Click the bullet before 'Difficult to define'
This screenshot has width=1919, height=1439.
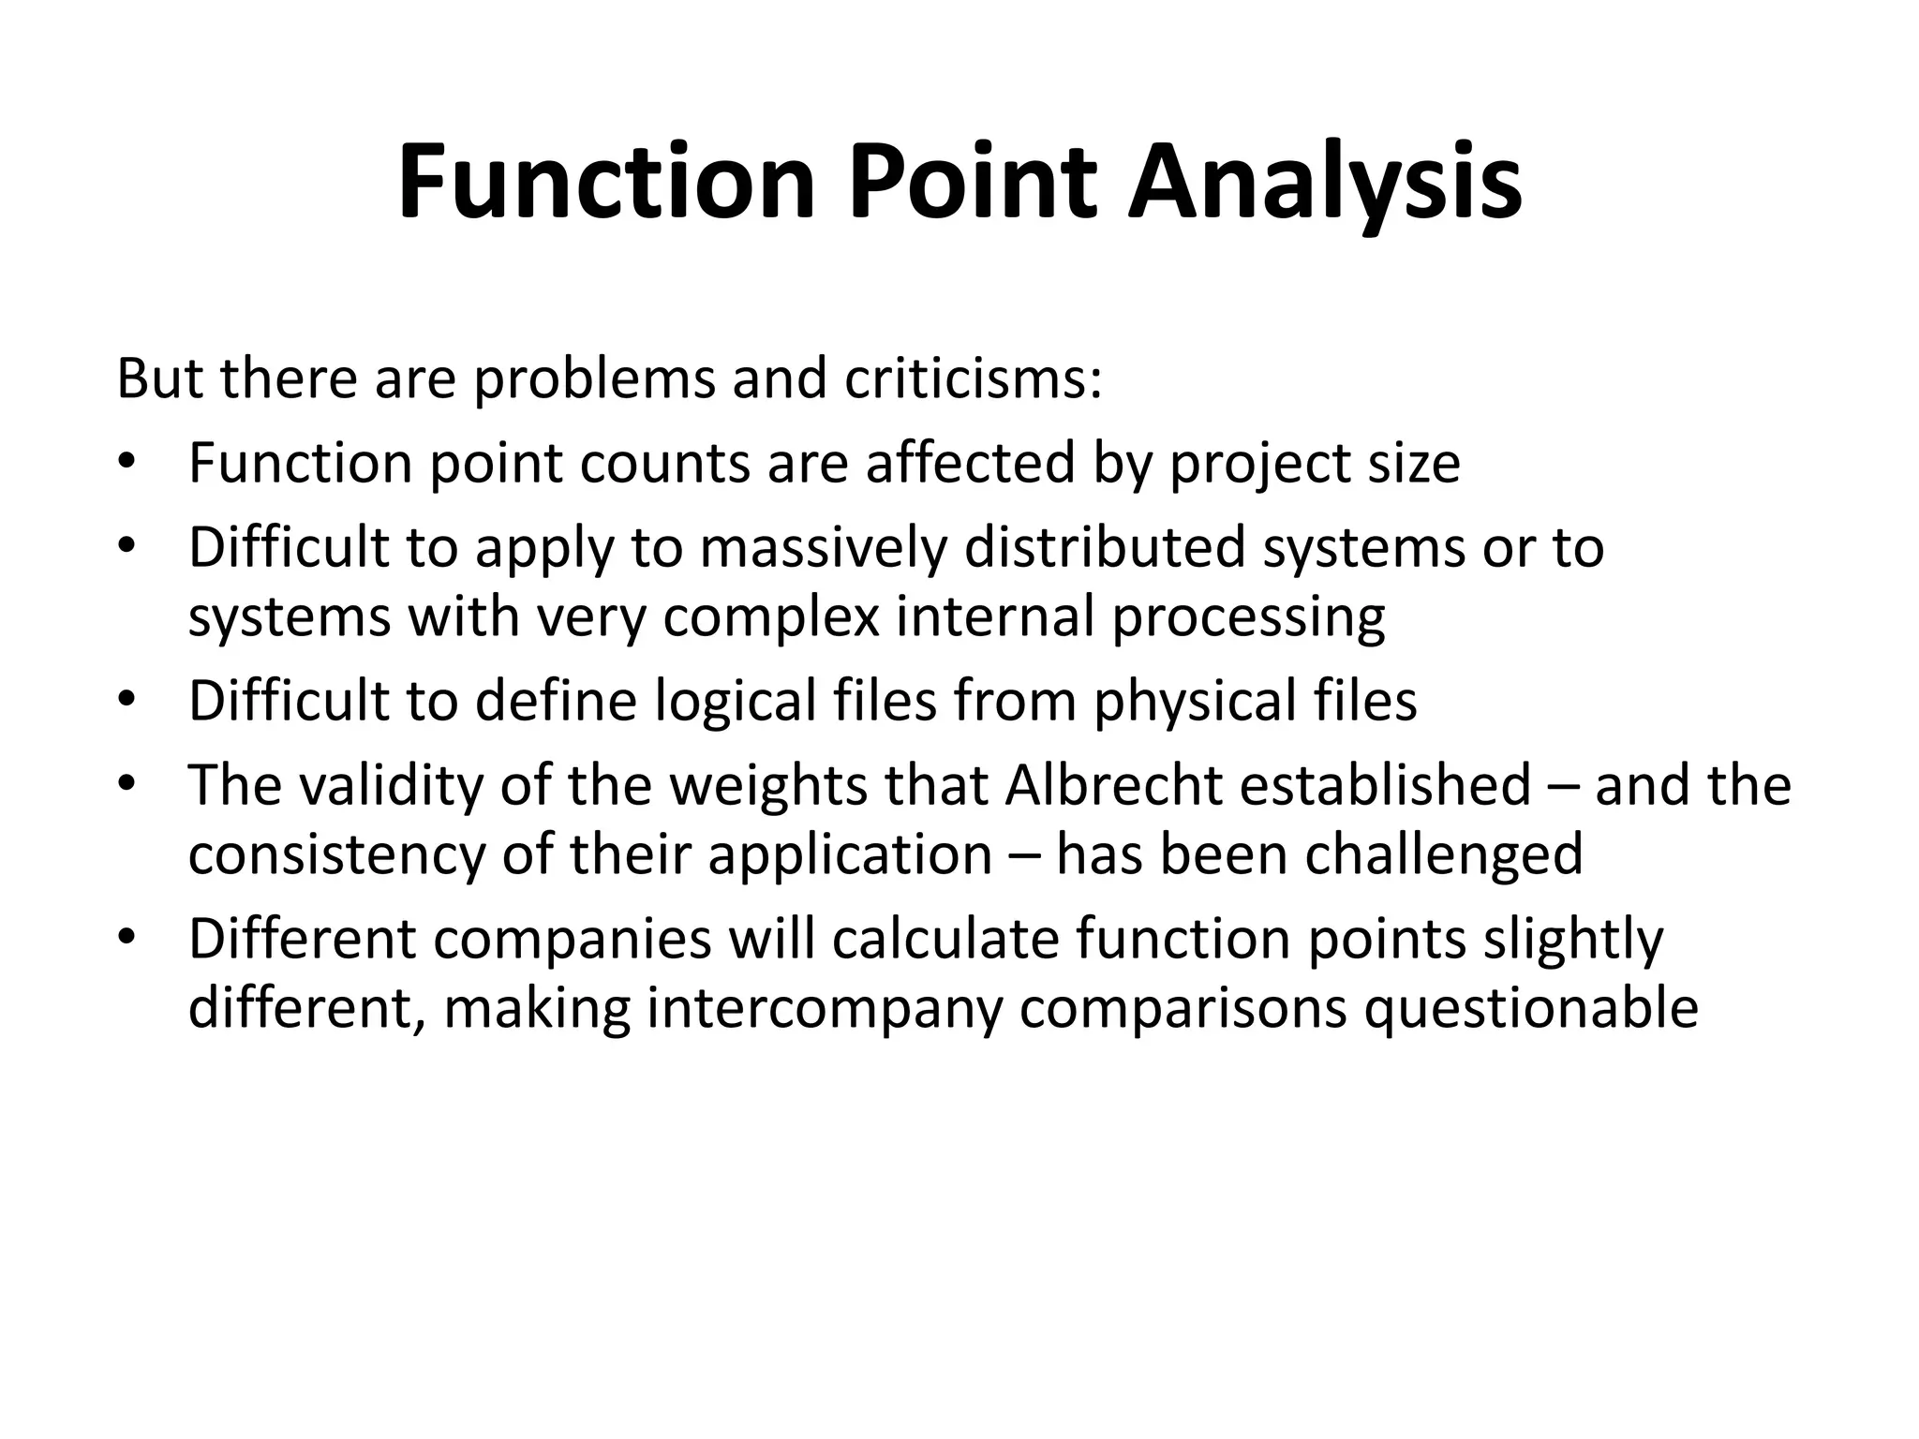tap(127, 700)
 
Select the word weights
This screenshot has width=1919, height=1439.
tap(767, 785)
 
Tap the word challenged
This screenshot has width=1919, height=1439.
tap(1443, 854)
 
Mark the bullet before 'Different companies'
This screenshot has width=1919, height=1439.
tap(127, 938)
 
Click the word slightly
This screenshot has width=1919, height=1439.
tap(1573, 940)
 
